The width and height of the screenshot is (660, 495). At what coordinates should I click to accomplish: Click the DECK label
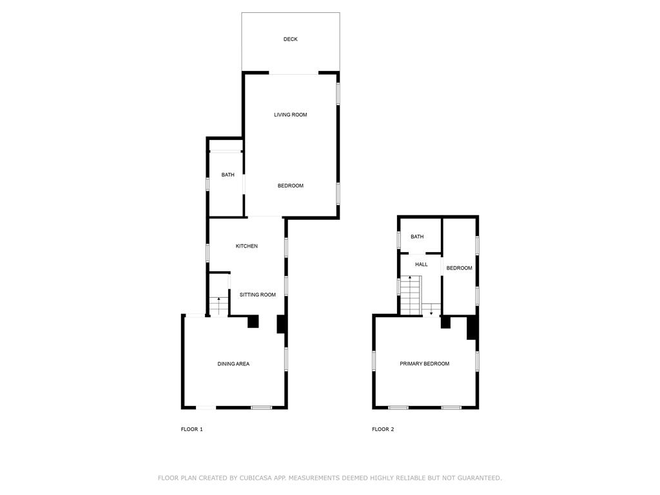pyautogui.click(x=291, y=39)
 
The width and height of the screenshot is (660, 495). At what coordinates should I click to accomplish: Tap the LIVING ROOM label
pyautogui.click(x=290, y=115)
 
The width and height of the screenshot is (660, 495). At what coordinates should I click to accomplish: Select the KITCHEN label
pyautogui.click(x=247, y=246)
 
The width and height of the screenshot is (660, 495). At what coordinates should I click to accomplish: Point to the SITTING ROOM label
pyautogui.click(x=258, y=295)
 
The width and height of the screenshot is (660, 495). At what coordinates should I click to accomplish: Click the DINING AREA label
pyautogui.click(x=233, y=364)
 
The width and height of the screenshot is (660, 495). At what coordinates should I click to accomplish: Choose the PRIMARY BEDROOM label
pyautogui.click(x=424, y=364)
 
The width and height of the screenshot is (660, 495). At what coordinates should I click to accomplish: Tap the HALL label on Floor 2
pyautogui.click(x=422, y=264)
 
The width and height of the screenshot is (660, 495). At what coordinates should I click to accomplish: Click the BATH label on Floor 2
pyautogui.click(x=417, y=237)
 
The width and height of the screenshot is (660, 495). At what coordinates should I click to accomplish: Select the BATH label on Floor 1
pyautogui.click(x=228, y=175)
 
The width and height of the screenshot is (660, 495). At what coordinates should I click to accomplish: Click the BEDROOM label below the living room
pyautogui.click(x=290, y=186)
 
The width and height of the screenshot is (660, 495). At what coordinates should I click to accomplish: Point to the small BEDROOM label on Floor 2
pyautogui.click(x=460, y=268)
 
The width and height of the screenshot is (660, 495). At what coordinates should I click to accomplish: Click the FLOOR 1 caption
pyautogui.click(x=192, y=429)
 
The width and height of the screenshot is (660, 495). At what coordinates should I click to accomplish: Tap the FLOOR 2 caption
pyautogui.click(x=383, y=429)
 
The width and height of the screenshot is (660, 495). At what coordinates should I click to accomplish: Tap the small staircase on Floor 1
pyautogui.click(x=219, y=306)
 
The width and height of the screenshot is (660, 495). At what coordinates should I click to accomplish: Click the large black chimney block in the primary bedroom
pyautogui.click(x=472, y=327)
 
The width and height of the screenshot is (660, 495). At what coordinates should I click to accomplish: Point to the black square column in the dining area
pyautogui.click(x=253, y=321)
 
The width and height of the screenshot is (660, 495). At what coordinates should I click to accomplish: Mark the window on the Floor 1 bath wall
pyautogui.click(x=208, y=184)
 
